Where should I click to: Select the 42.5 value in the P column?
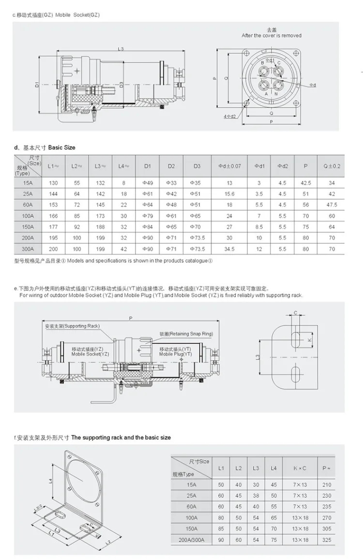coord(305,183)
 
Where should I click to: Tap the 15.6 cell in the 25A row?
coord(229,194)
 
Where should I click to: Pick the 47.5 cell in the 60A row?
coord(332,205)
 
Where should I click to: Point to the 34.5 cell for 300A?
coord(229,249)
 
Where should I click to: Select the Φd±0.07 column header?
coord(229,166)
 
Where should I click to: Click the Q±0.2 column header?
coord(332,166)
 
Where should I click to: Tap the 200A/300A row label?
coord(192,540)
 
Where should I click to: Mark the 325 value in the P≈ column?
coord(327,540)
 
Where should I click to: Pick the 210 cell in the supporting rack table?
coord(327,484)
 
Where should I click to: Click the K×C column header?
coord(300,468)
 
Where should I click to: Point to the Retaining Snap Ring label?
coord(186,334)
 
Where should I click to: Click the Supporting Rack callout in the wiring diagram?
coord(72,326)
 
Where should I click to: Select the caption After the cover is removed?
coord(272,36)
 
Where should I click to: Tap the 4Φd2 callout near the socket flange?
coord(230,116)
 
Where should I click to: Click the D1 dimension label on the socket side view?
coord(37,85)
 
